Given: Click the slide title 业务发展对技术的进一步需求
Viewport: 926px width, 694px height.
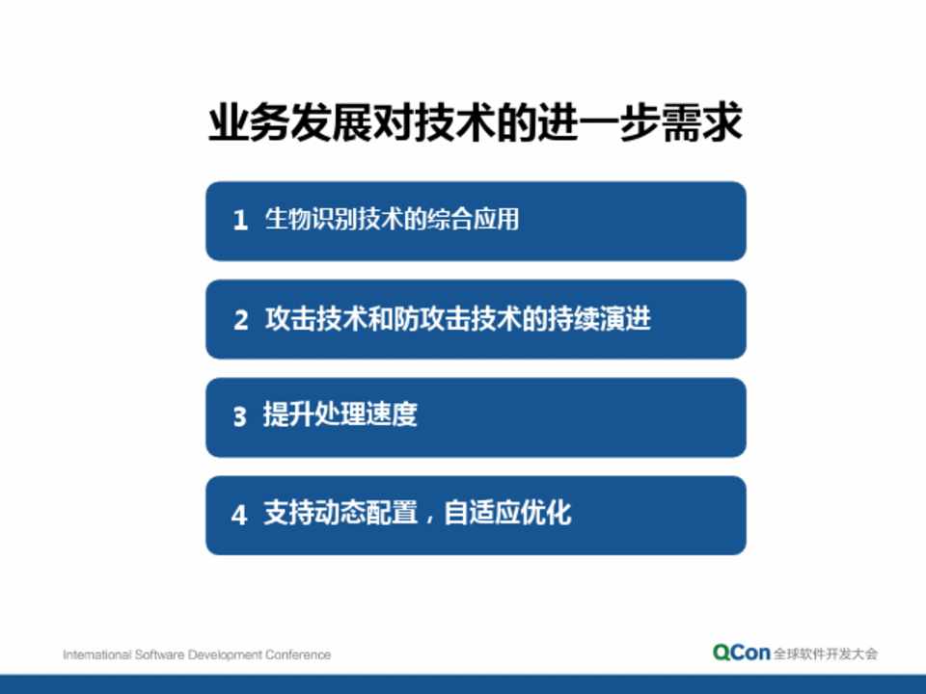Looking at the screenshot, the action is pos(476,122).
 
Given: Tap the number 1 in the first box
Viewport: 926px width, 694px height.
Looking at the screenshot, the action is pos(240,220).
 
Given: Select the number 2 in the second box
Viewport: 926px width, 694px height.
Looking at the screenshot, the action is pos(240,320).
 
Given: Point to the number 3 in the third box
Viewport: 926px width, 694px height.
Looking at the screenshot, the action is pos(239,416).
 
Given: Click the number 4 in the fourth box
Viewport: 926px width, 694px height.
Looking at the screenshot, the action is pos(239,515).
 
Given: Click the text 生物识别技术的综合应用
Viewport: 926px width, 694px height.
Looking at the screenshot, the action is pos(393,219).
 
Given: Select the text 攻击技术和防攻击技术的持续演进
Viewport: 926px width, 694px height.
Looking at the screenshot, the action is pos(457,319).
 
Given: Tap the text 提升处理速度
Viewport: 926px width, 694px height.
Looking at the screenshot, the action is pos(340,414).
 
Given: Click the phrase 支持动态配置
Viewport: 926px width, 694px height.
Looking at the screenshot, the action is pos(340,512).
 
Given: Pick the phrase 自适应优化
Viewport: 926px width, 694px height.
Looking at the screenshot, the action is pos(507,512).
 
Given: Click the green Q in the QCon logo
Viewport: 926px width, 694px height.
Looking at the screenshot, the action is pos(722,653).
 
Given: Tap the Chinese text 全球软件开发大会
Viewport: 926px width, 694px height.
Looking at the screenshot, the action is pos(826,654).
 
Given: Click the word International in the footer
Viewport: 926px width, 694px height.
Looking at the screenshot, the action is pos(96,654).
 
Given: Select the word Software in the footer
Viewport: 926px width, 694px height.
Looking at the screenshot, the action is pos(159,654).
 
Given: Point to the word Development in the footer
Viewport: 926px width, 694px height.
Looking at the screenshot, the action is pos(225,655).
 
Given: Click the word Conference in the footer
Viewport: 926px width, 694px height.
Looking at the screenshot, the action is pos(298,654).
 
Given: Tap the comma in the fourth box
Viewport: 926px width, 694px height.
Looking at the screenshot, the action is pos(430,519).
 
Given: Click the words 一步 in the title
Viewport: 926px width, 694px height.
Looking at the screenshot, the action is pos(619,122).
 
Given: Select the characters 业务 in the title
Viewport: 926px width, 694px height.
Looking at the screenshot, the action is pos(249,122).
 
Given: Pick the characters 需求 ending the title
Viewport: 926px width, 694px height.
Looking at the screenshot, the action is pos(702,122).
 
